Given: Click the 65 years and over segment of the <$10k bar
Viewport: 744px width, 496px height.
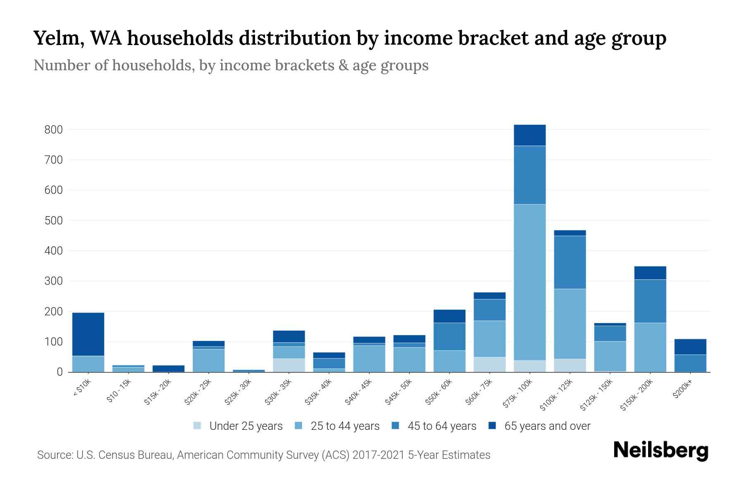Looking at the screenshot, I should pos(88,334).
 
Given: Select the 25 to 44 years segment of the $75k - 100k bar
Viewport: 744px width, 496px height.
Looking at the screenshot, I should pos(529,282).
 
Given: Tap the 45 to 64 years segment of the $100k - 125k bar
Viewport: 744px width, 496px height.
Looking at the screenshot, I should pos(570,262).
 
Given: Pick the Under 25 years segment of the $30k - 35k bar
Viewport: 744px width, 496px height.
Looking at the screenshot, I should pos(289,365).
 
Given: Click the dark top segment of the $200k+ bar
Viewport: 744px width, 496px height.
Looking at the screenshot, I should pos(690,347).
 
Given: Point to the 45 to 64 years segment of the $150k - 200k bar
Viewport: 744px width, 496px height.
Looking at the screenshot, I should pos(650,301).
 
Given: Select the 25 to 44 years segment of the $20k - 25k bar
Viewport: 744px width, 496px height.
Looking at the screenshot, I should pos(209,360).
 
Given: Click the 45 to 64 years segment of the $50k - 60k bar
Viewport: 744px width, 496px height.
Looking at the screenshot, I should pos(449,336).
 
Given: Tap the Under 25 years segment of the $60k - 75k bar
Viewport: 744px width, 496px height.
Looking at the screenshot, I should pos(489,364).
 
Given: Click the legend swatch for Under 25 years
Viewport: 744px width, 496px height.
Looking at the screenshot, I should pos(198,425).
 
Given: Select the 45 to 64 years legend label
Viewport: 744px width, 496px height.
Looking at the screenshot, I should pos(441,426).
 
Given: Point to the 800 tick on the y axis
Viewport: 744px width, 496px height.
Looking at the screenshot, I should pos(53,130).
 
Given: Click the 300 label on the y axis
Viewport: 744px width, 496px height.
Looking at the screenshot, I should pos(53,281).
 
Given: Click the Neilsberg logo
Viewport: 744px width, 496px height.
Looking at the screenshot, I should pos(661,450).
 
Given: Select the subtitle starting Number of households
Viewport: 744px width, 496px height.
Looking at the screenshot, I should pos(231,65).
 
